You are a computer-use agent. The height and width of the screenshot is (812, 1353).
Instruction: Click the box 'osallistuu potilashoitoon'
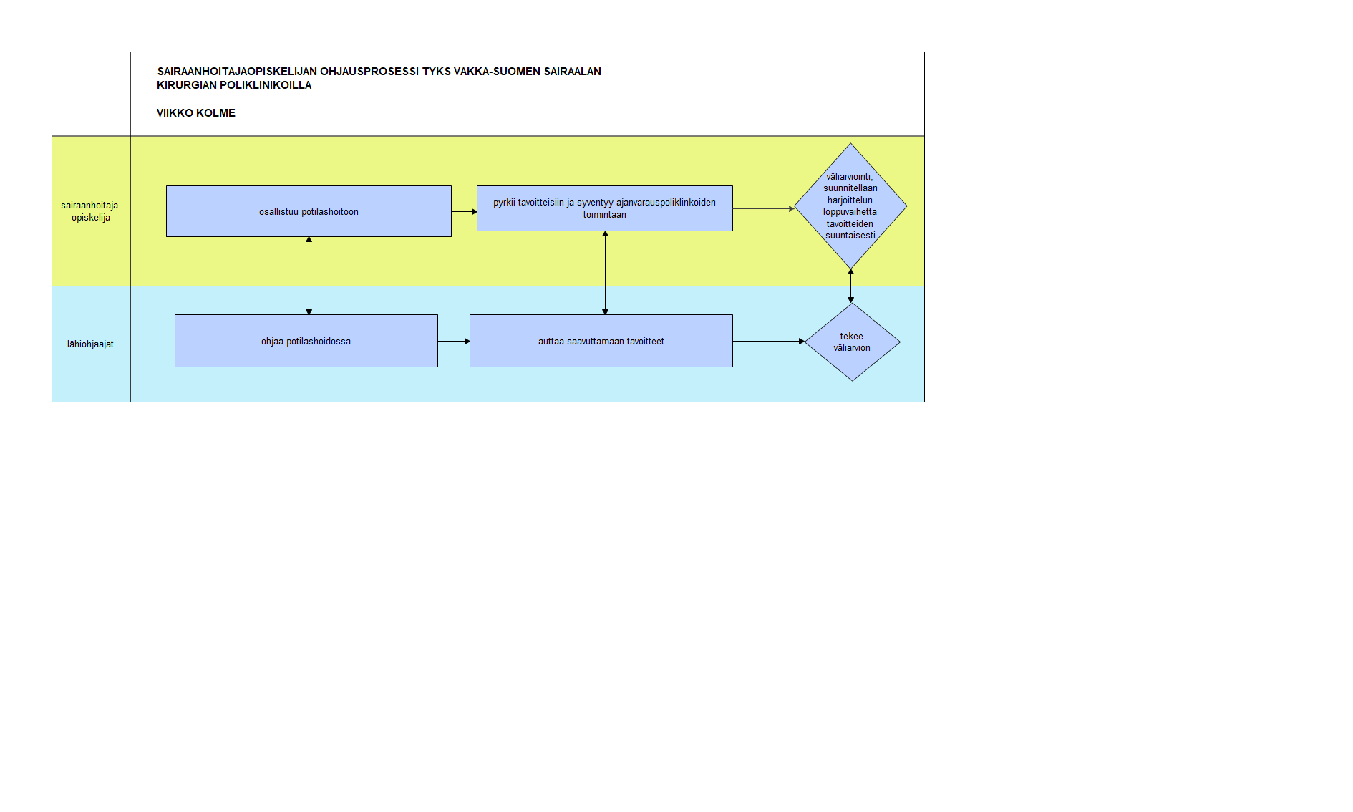pyautogui.click(x=309, y=211)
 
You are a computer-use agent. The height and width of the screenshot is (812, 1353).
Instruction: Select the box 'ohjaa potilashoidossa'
pyautogui.click(x=306, y=341)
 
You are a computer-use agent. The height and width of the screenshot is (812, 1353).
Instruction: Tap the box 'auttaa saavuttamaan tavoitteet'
pyautogui.click(x=601, y=341)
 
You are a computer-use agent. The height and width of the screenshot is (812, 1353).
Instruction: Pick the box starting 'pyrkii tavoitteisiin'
pyautogui.click(x=605, y=208)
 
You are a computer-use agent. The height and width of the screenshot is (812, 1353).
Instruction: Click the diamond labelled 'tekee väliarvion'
pyautogui.click(x=852, y=342)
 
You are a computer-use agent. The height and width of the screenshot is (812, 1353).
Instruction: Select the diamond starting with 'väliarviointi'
pyautogui.click(x=850, y=206)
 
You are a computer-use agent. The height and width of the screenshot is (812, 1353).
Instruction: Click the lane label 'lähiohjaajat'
pyautogui.click(x=90, y=344)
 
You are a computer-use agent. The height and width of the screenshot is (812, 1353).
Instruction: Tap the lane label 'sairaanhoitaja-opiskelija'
pyautogui.click(x=91, y=211)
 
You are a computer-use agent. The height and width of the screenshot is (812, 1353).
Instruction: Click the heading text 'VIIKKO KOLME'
pyautogui.click(x=196, y=113)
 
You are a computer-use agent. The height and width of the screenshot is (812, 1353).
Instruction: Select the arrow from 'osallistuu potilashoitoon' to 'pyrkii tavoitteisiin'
pyautogui.click(x=465, y=211)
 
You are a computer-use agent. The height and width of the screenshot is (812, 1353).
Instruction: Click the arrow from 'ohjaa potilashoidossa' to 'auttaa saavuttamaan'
pyautogui.click(x=454, y=342)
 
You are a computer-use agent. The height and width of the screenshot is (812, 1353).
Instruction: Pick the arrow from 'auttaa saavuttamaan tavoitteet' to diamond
pyautogui.click(x=769, y=342)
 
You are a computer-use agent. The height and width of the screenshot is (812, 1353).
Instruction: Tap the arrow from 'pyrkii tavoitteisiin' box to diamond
pyautogui.click(x=764, y=208)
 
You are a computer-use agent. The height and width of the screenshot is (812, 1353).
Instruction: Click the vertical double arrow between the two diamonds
pyautogui.click(x=850, y=286)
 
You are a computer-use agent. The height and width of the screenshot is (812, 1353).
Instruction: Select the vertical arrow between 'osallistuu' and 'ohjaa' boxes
pyautogui.click(x=309, y=276)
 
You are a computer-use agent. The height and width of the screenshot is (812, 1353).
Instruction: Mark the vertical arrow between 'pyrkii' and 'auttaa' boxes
pyautogui.click(x=605, y=273)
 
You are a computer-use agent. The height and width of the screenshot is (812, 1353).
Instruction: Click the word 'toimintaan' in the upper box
pyautogui.click(x=605, y=215)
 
